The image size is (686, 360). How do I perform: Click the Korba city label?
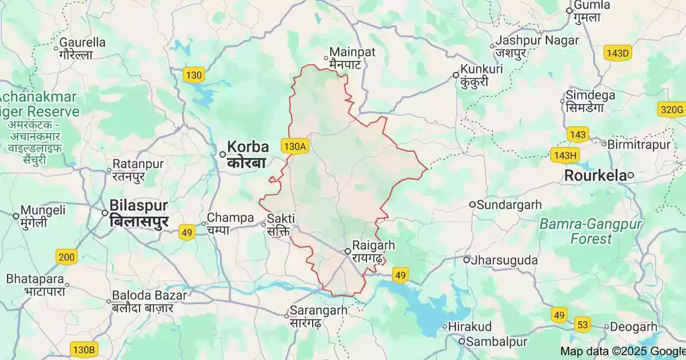coord(248,146)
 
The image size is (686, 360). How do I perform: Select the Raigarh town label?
coord(374,245)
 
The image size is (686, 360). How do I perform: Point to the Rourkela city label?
coord(595,175)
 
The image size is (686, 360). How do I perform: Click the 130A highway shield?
coord(295,146)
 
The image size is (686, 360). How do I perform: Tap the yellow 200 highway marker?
coord(66,257)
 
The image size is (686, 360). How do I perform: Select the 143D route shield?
coord(617,53)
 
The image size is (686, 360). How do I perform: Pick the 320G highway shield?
coord(671,110)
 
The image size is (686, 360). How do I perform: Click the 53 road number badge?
coord(583,325)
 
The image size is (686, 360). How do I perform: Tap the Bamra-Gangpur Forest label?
coord(591,231)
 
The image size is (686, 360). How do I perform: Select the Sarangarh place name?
coord(318,310)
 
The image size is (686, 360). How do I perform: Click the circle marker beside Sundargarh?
coord(472,205)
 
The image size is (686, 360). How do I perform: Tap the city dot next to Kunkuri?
coord(456,75)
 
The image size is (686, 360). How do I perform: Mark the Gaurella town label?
coord(83,42)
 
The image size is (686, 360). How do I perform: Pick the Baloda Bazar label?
coord(149,295)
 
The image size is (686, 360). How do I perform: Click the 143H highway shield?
coord(565,155)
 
